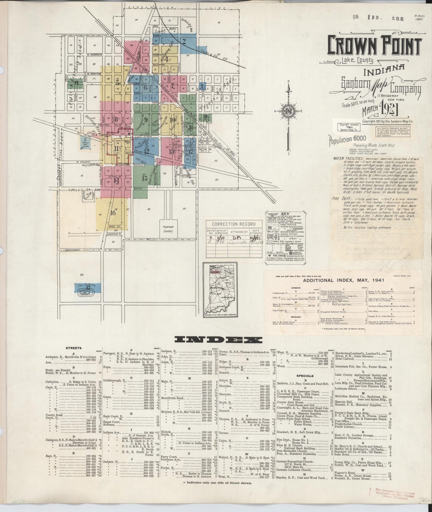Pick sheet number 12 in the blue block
point(146,151)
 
